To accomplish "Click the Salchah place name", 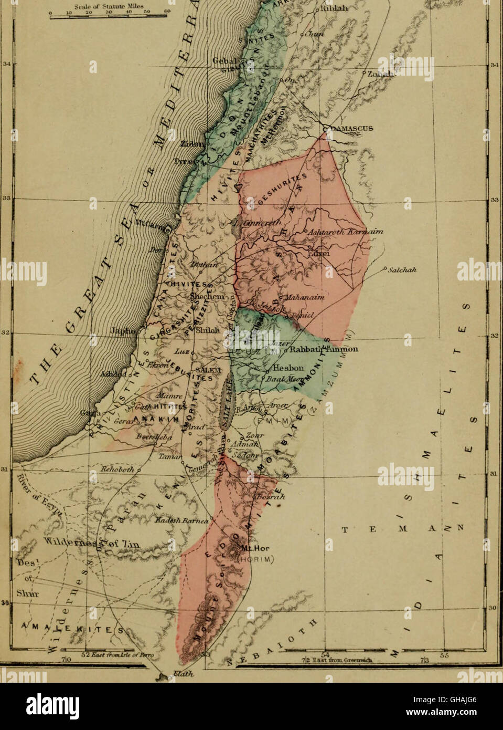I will pos(402,270).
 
